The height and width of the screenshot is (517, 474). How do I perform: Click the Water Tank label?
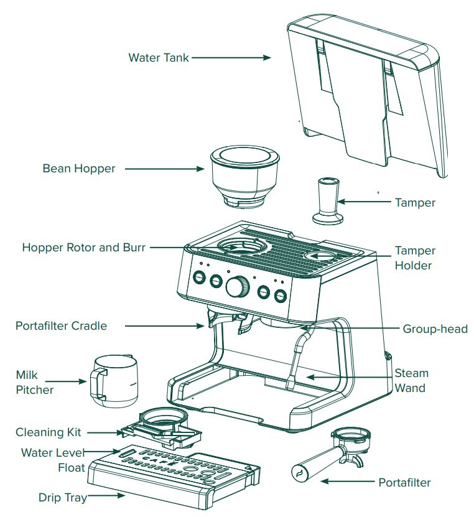coord(158,58)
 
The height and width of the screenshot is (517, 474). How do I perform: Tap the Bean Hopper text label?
coord(78,169)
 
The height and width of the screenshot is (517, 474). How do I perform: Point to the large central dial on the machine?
coord(237,287)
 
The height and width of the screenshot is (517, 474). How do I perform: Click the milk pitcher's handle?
coord(98,384)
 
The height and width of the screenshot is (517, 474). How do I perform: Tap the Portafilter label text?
coord(404,482)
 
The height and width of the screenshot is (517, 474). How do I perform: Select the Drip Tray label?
coord(62,498)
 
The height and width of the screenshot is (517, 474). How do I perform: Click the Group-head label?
coord(435,329)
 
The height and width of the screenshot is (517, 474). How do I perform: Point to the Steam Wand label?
coord(411,381)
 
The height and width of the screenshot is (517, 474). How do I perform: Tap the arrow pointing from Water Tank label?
coord(230,58)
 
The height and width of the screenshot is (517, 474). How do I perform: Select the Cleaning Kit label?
coord(49,432)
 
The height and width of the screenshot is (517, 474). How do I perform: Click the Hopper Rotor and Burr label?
coord(83,247)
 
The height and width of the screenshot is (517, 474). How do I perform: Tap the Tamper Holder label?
coord(415,258)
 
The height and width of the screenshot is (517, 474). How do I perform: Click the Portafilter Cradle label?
coord(61,326)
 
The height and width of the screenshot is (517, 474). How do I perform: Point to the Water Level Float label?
coord(52,459)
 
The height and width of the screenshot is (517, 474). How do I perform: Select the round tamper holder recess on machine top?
coord(322,255)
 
